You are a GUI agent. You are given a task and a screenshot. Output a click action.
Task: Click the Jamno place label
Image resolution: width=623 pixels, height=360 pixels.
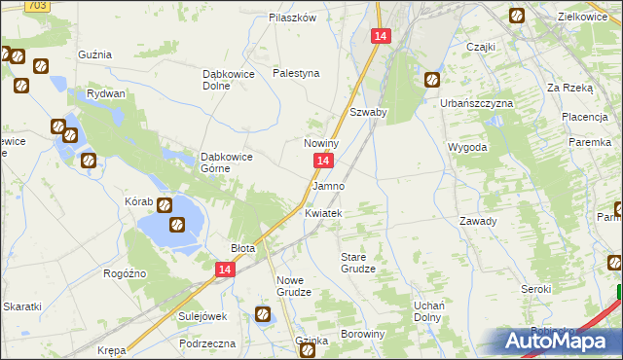pos(328,185)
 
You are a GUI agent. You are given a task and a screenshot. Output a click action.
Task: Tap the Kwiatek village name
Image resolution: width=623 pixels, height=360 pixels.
pos(323,213)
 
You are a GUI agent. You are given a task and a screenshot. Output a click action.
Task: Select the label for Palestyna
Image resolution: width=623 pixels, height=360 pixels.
pos(296,73)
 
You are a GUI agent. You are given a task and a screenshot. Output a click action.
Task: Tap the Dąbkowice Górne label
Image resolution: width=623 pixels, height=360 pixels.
pos(227,162)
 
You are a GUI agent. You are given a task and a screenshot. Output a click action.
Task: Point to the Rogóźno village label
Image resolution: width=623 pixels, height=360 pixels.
pos(125,273)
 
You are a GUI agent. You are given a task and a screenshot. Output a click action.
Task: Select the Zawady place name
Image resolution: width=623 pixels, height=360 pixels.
pos(478,221)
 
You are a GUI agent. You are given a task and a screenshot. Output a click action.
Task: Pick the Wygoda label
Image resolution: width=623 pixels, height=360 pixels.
pos(467,147)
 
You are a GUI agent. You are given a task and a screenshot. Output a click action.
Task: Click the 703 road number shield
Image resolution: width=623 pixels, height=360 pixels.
pos(36,6)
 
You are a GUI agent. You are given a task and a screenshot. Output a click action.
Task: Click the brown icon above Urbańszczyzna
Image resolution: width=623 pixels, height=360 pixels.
pos(431,80)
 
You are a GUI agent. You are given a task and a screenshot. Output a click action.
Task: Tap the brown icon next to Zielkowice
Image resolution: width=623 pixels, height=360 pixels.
pos(517,16)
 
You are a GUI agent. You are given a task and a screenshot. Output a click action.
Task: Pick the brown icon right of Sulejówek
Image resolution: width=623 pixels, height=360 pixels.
pos(263,313)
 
